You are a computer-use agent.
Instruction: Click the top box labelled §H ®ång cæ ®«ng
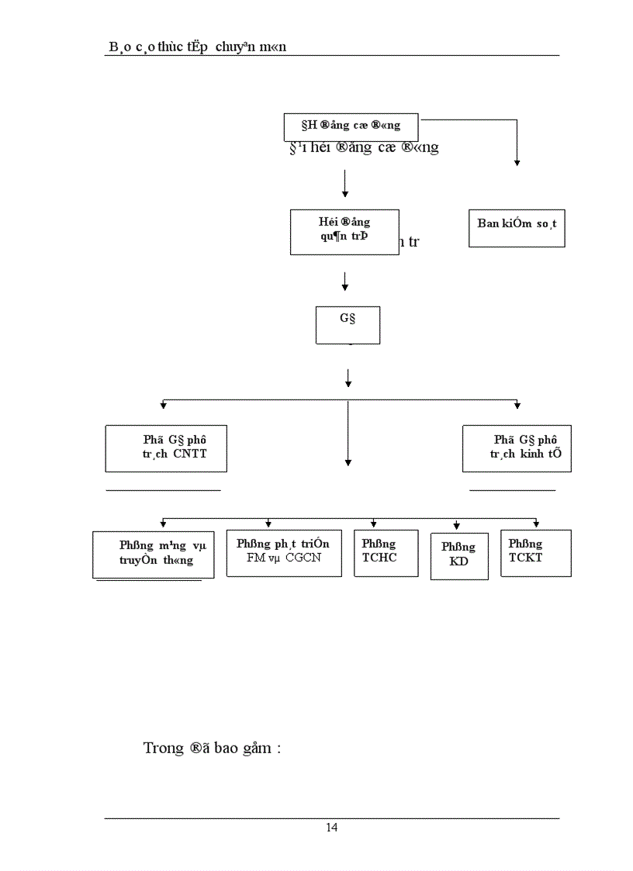click(x=351, y=126)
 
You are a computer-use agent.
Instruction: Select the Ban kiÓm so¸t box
click(x=517, y=227)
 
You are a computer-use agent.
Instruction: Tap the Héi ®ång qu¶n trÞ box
click(x=344, y=231)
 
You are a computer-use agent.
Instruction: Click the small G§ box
click(x=348, y=324)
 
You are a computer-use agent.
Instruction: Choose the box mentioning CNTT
click(x=166, y=448)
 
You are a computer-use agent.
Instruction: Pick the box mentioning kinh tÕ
click(x=517, y=448)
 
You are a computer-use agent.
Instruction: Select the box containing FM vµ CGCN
click(x=284, y=553)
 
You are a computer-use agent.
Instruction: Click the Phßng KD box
click(x=459, y=556)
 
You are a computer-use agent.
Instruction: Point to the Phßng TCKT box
click(x=535, y=552)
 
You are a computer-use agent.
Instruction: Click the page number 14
click(x=331, y=828)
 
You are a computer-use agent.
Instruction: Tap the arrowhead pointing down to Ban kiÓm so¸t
click(x=517, y=162)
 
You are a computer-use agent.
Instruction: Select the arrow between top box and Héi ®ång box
click(x=344, y=184)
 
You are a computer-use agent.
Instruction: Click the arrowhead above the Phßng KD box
click(x=457, y=527)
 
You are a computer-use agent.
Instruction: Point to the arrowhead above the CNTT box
click(x=164, y=405)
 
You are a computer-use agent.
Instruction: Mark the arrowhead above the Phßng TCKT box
click(x=536, y=524)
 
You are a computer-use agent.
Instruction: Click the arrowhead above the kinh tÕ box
click(x=517, y=405)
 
